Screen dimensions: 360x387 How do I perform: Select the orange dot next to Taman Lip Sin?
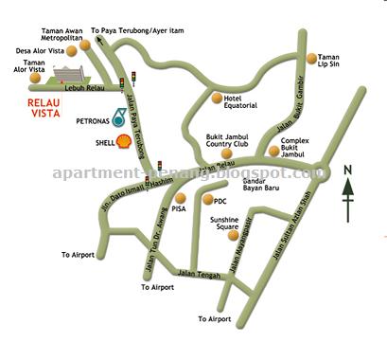(x=311, y=59)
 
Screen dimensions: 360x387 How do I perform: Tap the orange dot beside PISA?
(x=178, y=199)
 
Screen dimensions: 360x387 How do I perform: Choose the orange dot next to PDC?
(x=207, y=201)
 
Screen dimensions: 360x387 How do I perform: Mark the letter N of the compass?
(x=347, y=171)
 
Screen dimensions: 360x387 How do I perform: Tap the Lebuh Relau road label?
(x=79, y=89)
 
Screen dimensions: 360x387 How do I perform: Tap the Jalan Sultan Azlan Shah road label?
(x=295, y=219)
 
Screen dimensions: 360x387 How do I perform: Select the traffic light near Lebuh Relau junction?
(x=133, y=79)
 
